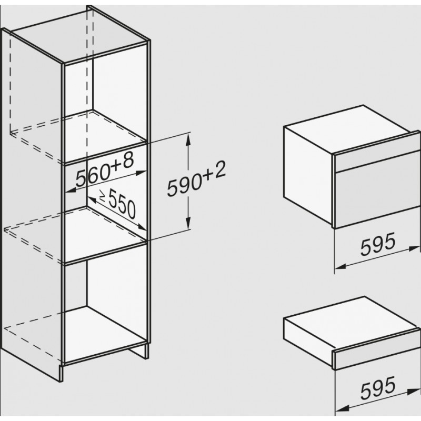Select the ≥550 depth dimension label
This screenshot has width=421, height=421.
pos(118,204)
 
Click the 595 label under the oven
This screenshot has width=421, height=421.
pos(378,244)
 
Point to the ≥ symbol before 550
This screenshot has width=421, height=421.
pos(103,195)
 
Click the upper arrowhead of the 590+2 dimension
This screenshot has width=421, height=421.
pos(188,139)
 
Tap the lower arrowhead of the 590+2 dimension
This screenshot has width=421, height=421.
pos(188,223)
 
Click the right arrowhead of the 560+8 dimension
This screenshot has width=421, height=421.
pos(141,173)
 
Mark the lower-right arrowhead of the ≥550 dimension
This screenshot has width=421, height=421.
pos(142,227)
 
